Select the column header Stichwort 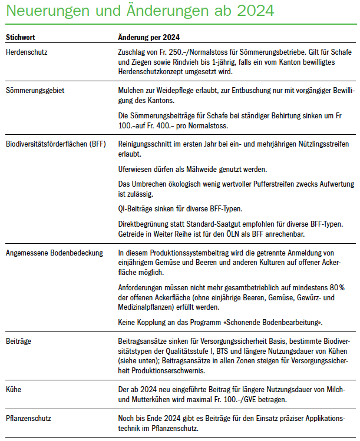(21, 37)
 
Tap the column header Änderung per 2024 (149, 37)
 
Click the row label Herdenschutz (27, 52)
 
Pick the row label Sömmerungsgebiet (34, 91)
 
